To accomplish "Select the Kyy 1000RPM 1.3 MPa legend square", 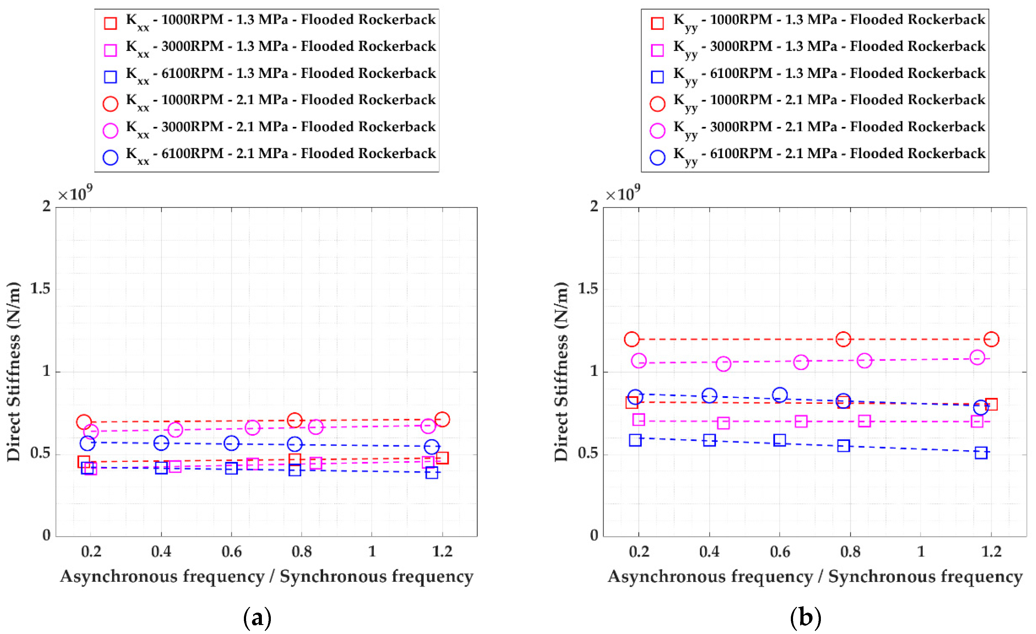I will (657, 23).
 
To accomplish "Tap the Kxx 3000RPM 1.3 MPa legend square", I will (110, 50).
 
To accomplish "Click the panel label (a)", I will (257, 618).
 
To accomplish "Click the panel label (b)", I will (805, 618).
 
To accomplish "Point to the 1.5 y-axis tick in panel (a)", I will (40, 288).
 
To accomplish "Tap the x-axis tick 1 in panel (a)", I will (372, 551).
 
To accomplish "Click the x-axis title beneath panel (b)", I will (815, 576).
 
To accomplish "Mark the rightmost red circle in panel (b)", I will (991, 339).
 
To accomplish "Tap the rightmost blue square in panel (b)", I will (981, 453).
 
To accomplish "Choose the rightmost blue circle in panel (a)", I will (431, 446).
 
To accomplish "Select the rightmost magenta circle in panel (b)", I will (977, 358).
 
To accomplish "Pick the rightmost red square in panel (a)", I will (442, 458).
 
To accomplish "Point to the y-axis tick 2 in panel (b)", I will (594, 206).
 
